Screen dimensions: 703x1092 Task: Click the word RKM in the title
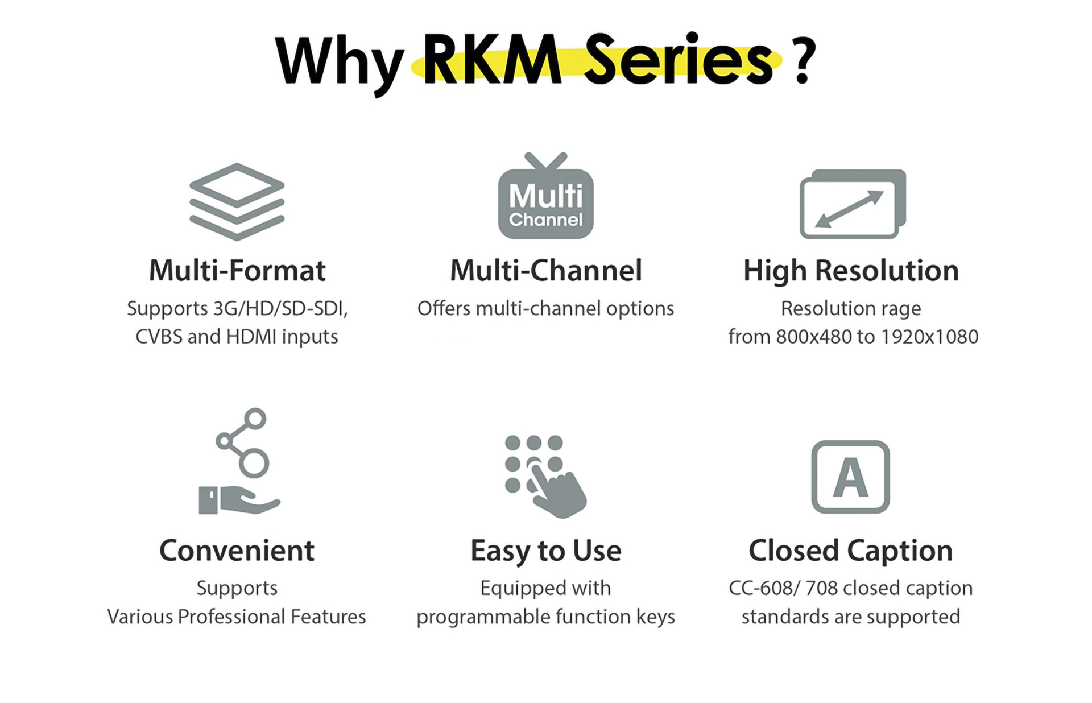coord(493,60)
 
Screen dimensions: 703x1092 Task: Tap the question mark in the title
coord(803,60)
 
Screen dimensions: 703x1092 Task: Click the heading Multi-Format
coord(237,270)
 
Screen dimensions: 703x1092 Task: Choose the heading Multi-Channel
coord(545,270)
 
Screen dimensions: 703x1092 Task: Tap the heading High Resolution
coord(851,270)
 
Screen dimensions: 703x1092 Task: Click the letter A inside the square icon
coord(850,478)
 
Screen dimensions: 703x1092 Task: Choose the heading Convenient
coord(237,551)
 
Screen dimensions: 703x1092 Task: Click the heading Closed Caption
coord(850,551)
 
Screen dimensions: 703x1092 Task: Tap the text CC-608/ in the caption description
coord(764,588)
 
